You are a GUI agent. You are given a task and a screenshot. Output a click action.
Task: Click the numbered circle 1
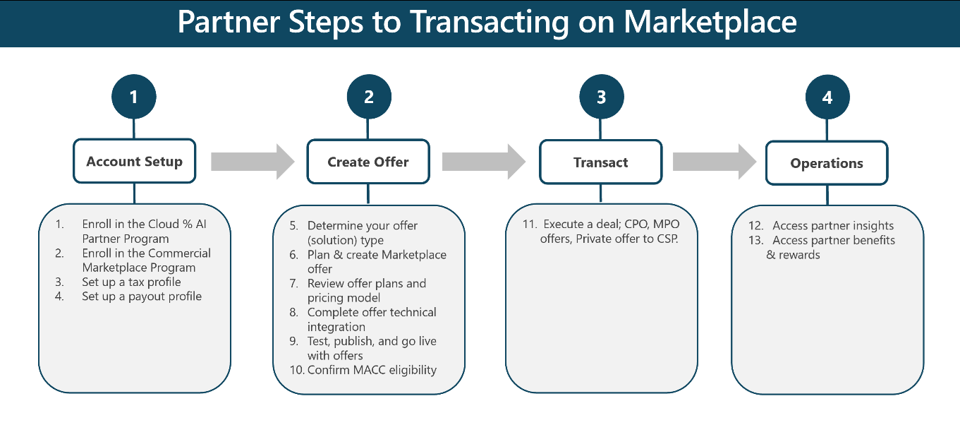[134, 97]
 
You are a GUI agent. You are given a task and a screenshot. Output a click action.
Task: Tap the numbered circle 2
[368, 97]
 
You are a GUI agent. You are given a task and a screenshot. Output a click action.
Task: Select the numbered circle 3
[601, 97]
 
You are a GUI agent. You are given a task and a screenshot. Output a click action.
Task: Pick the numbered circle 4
[827, 97]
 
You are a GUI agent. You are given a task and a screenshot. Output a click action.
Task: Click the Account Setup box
[134, 162]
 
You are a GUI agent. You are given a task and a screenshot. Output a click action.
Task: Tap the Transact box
[601, 162]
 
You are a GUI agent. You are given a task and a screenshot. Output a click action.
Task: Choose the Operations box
[827, 163]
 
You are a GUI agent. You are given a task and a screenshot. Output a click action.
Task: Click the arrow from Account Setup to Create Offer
[253, 162]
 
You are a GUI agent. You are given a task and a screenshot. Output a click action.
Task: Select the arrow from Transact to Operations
[715, 162]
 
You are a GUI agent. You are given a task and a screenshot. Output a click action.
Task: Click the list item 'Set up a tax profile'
[131, 282]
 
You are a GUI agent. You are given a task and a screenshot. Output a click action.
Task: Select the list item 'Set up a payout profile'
[141, 297]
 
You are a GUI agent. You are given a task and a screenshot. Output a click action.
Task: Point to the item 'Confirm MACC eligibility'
[372, 370]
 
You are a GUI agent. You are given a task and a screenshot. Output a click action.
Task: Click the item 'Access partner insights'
[833, 226]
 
